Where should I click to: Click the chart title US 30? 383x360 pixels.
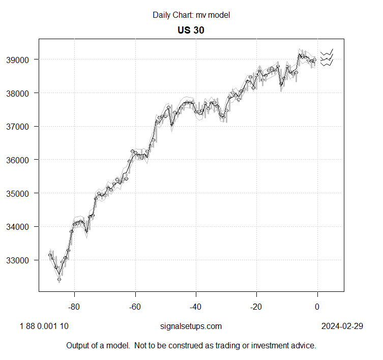[191, 30]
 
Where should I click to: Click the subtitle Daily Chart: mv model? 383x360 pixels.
[191, 15]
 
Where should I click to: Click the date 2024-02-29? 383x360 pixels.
[342, 326]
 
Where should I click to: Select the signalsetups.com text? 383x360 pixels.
[191, 326]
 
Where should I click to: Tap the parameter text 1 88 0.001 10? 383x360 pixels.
[37, 326]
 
